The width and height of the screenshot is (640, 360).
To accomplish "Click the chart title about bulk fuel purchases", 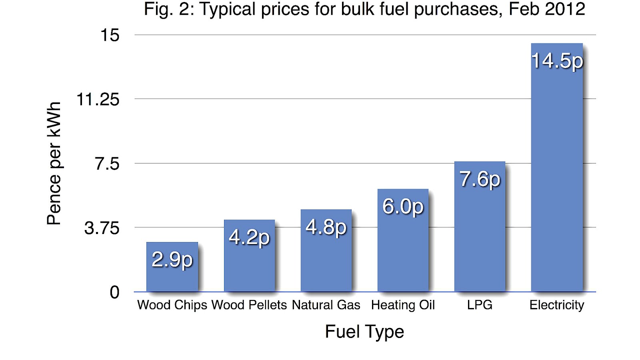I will coord(364,10).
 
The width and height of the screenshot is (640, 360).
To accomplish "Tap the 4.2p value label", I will coord(249,237).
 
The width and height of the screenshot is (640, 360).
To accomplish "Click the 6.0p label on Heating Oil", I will coord(403,207).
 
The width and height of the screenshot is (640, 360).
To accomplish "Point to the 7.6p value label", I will coord(480,179).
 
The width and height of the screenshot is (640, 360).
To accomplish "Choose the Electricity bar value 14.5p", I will coord(557,61).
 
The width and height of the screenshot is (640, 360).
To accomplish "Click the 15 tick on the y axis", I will coord(110,35).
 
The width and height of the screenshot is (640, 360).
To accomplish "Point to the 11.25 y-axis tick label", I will coord(98,100).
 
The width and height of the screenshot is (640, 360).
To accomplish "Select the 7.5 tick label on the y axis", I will coord(107,164).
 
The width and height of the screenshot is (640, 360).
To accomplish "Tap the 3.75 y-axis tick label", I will coord(102,228).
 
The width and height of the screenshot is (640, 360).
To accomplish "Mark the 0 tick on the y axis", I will coord(115,292).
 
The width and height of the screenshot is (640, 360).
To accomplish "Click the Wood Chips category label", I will coord(172,305).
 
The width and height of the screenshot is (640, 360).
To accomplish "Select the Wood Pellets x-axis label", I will coord(249,305).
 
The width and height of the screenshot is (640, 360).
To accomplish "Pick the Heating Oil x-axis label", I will coord(403,305).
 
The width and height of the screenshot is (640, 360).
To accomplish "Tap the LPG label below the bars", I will coord(480,305).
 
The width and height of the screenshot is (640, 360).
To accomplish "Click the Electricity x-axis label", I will coord(557,305).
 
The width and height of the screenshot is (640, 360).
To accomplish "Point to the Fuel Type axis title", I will coord(364,332).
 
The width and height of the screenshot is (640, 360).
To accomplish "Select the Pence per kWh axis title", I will coord(54,163).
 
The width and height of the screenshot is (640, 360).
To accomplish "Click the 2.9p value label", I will coord(172,260).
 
